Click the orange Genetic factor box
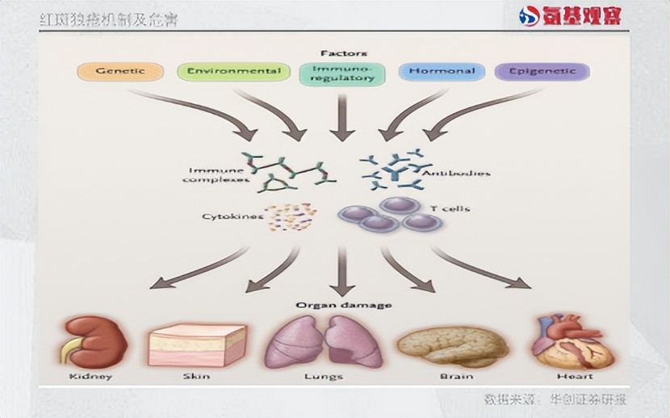(119, 71)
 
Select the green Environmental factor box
(233, 71)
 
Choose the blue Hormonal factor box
(441, 72)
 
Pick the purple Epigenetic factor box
(542, 72)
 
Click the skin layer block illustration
(197, 345)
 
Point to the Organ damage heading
(343, 305)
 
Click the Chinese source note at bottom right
(555, 398)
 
